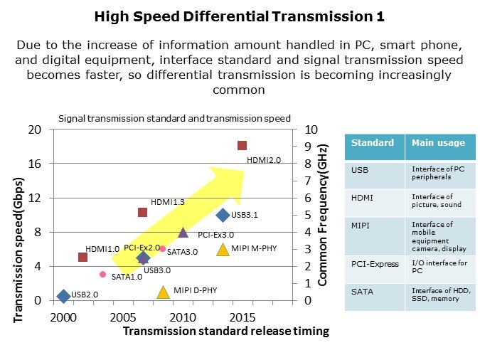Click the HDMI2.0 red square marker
[x=242, y=146]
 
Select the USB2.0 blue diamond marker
[x=63, y=296]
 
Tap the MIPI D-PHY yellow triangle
[x=163, y=292]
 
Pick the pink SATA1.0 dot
[x=102, y=274]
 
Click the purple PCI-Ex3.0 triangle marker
[x=183, y=233]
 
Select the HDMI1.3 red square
[x=142, y=212]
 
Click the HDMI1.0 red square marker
[x=82, y=257]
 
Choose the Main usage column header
[x=428, y=143]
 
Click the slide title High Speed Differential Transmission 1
[x=240, y=16]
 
